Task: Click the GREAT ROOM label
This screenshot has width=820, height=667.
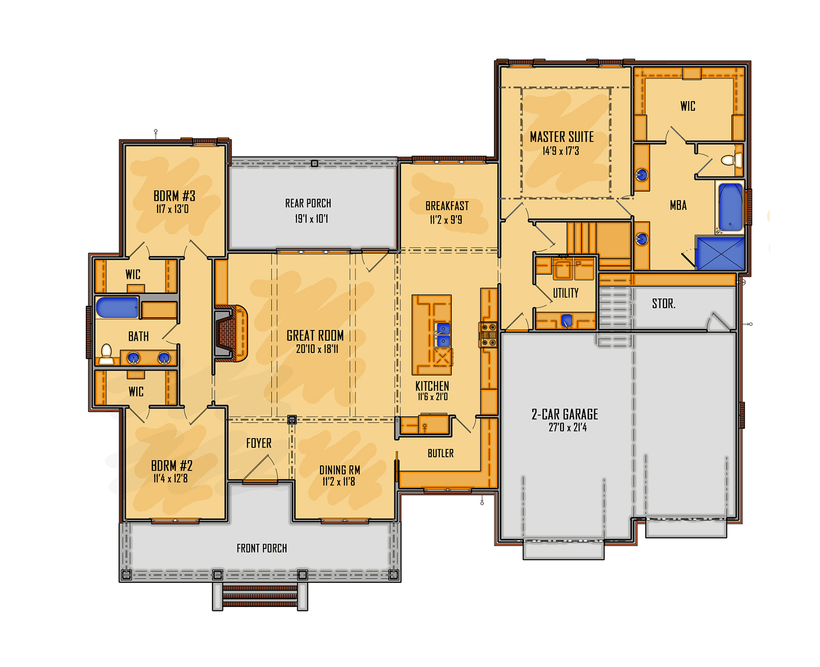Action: [x=315, y=335]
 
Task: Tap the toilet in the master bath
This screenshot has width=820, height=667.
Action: [x=732, y=160]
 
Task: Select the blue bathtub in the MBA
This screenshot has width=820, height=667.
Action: [x=730, y=208]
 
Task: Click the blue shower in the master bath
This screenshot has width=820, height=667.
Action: [x=720, y=253]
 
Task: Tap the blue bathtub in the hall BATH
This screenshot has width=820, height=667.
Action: [x=117, y=307]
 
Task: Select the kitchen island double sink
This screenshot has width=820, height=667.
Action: [x=442, y=334]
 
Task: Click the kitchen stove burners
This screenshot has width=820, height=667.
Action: [x=488, y=334]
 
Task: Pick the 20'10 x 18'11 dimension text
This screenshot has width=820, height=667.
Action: [x=316, y=349]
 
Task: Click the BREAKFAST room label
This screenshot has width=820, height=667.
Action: [x=447, y=206]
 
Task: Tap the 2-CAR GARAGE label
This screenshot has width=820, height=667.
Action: [x=564, y=414]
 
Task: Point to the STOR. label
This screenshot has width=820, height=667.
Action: [x=663, y=303]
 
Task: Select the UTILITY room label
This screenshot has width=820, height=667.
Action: [x=565, y=293]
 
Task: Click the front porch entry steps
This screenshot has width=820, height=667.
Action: [x=260, y=596]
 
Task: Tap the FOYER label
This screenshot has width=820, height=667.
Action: [x=258, y=443]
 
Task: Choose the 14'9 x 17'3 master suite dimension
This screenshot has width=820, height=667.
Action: [x=561, y=151]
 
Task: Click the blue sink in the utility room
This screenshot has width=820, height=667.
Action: [x=567, y=320]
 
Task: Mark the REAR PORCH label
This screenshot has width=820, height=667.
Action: [x=308, y=203]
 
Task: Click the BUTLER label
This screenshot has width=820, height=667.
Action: [x=440, y=453]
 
